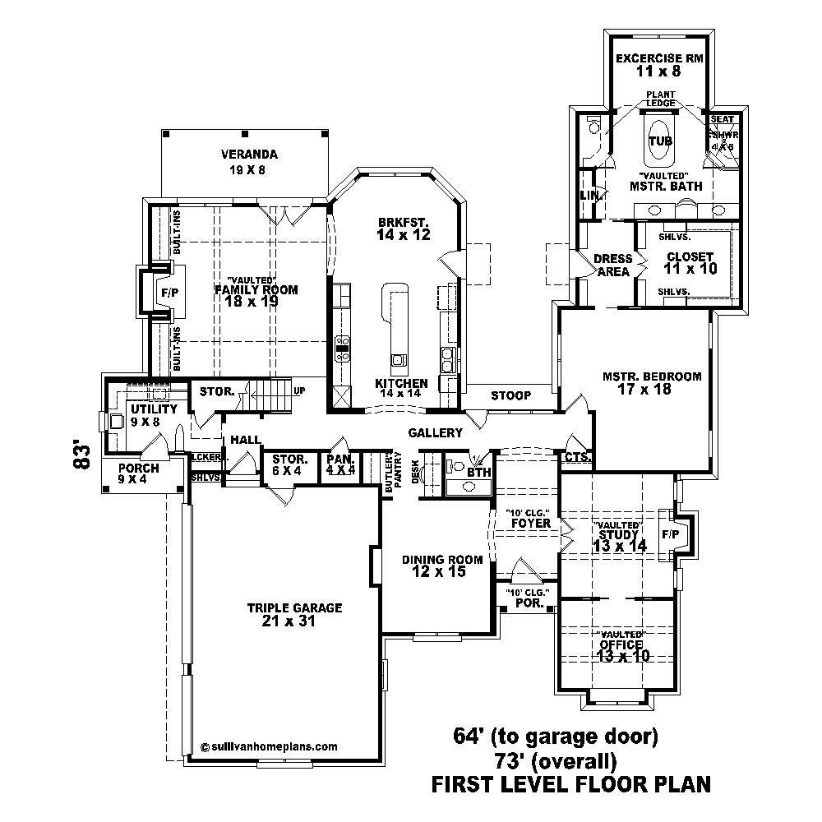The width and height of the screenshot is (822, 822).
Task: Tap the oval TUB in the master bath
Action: point(660,141)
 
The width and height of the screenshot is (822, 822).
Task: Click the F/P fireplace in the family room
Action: point(169,293)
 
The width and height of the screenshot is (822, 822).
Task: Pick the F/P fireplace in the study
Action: point(671,534)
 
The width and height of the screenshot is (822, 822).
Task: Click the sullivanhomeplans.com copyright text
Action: point(269,747)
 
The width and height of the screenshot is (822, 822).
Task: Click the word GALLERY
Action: point(435,433)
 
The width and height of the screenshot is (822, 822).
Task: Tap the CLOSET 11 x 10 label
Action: point(690,262)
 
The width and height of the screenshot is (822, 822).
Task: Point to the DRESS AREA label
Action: point(612,266)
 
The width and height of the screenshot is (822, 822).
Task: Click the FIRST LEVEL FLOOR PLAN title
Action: point(570,784)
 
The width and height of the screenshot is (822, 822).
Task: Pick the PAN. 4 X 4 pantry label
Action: point(339,464)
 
